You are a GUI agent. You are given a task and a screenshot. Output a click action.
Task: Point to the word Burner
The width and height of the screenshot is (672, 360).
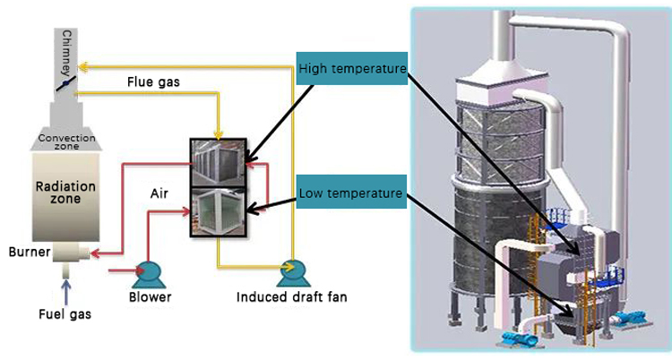pos(23,252)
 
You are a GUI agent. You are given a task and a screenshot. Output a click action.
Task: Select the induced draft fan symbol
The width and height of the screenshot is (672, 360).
pos(290,270)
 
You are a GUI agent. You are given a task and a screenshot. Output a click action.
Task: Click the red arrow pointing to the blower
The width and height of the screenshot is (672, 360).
pos(120,268)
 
